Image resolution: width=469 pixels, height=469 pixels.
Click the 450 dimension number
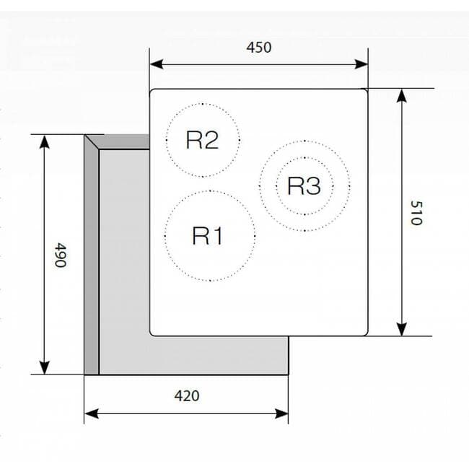coord(259,47)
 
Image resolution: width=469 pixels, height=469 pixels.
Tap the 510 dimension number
coord(416,213)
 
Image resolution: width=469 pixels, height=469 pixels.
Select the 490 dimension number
coord(60,255)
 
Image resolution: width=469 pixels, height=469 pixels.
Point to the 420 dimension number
coord(187,395)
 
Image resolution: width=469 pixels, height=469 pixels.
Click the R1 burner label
coord(207,236)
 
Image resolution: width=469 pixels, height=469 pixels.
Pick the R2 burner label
coord(202,140)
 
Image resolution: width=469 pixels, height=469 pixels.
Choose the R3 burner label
coord(304,185)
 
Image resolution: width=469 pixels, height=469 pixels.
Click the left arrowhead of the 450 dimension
coord(157,64)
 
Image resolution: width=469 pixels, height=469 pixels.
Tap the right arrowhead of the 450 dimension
coord(361,64)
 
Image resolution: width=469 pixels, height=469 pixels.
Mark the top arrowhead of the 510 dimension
coord(402,96)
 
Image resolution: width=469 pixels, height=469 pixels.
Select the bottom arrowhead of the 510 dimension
coord(402,329)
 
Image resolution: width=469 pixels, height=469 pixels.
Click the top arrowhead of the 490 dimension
coord(45,141)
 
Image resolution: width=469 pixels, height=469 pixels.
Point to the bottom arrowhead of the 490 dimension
coord(45,367)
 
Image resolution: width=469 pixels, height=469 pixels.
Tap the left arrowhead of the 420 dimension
coord(92,414)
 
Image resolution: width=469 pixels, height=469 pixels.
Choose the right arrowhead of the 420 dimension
coord(281,414)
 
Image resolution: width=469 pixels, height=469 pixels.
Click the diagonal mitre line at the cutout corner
coord(92,142)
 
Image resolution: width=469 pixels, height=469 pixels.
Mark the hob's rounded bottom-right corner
coord(364,333)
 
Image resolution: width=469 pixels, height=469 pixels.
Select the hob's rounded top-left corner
coord(153,92)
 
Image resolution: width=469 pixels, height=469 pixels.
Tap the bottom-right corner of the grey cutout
coord(289,374)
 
